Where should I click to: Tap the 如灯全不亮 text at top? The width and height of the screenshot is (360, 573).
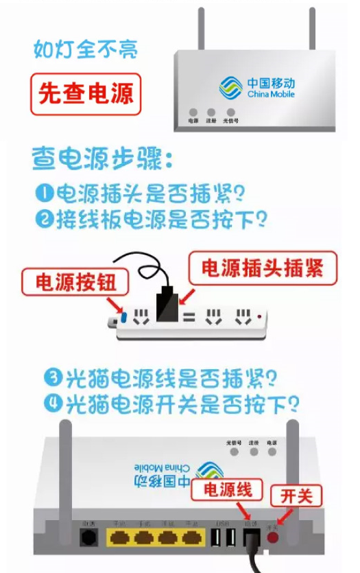click(x=85, y=49)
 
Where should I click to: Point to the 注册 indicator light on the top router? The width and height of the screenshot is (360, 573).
click(x=211, y=112)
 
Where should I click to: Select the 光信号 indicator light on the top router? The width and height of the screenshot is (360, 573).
click(x=230, y=112)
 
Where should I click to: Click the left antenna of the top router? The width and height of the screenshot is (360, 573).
click(x=202, y=29)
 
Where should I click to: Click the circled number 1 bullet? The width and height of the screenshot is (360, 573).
click(x=45, y=193)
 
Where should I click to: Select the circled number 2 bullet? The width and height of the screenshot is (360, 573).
click(x=45, y=219)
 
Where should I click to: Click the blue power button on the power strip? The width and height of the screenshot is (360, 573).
click(x=123, y=318)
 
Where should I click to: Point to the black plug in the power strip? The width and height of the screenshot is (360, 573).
click(x=167, y=306)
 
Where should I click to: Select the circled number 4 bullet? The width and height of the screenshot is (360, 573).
click(x=54, y=404)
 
